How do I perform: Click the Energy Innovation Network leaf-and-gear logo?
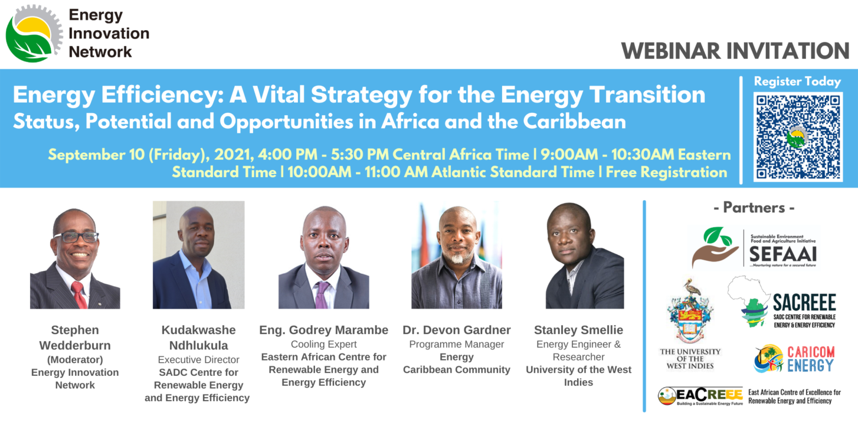pos(34,34)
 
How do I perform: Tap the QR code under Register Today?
pos(798,137)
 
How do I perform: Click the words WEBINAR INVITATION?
pos(735,51)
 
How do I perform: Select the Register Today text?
pos(797,81)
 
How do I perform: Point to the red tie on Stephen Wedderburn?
pos(80,294)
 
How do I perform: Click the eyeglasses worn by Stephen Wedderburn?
pos(76,237)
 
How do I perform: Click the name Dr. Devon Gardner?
pos(457,330)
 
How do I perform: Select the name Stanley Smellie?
pos(578,330)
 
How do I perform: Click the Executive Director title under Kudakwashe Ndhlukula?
pos(198,360)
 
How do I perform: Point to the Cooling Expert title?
pos(323,345)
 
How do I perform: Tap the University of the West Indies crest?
pos(690,311)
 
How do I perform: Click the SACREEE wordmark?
pos(804,303)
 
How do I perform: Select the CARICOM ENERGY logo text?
pos(811,359)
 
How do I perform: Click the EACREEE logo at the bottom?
pos(700,396)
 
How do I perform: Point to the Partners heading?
pos(754,208)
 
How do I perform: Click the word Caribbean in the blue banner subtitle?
pos(575,122)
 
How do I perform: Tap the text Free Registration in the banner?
pos(666,172)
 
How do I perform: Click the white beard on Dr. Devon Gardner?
pos(457,259)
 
